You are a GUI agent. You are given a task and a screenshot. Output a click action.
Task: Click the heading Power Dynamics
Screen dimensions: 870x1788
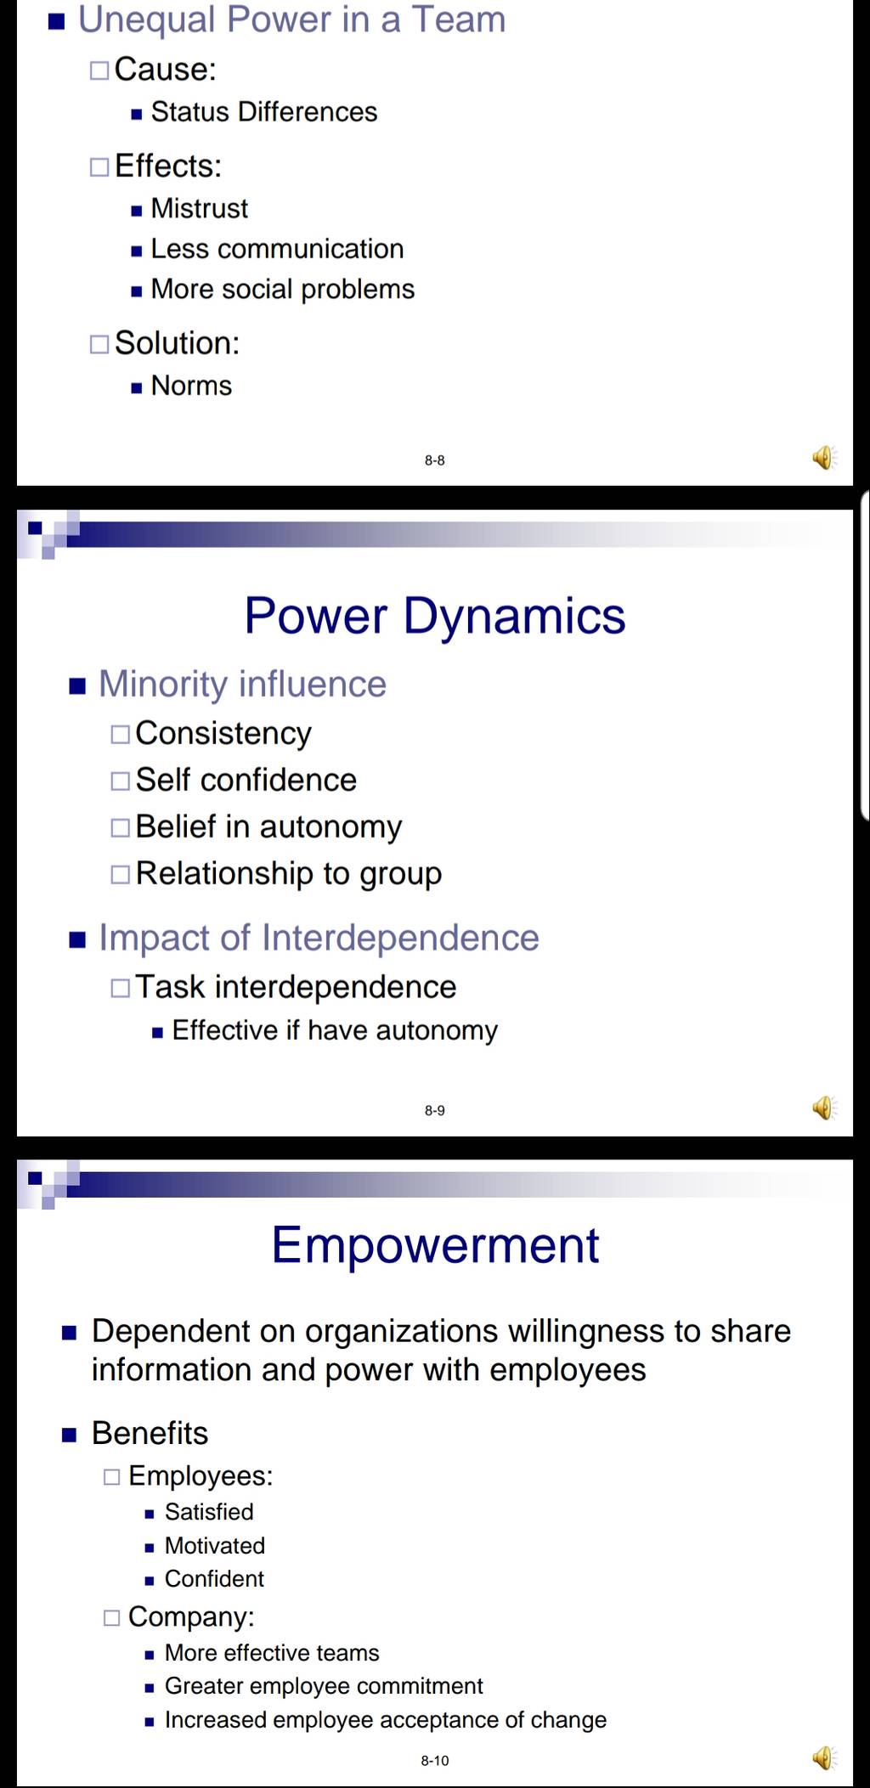point(435,615)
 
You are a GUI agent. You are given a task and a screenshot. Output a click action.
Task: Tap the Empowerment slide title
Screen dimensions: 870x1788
point(435,1245)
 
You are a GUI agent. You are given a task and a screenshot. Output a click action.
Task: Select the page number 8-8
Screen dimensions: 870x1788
point(435,460)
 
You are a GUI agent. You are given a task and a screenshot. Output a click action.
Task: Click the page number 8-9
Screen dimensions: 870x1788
point(435,1110)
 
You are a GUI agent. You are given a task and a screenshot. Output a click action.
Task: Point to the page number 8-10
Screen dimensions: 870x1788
point(435,1761)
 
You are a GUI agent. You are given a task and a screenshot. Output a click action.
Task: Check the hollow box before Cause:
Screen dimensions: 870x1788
point(99,71)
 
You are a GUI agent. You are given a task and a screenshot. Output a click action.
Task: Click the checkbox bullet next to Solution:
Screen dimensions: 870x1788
point(99,344)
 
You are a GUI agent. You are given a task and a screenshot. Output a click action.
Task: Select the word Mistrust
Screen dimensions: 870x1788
point(200,208)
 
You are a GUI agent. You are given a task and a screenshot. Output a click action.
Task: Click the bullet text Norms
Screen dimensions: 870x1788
point(191,386)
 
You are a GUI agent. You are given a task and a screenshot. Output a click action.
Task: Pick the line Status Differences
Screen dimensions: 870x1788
point(264,112)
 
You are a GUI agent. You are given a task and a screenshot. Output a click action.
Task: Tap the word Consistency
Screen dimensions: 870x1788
point(223,734)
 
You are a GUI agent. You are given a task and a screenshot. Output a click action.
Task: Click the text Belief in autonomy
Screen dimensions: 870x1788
point(268,826)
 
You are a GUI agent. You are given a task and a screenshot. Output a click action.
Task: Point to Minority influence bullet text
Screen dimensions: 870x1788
point(242,684)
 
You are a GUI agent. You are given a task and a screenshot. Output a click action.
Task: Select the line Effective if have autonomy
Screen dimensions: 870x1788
point(335,1030)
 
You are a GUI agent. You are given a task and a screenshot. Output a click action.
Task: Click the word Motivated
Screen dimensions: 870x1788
point(215,1545)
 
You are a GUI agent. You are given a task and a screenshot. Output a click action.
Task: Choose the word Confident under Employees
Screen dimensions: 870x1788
point(214,1578)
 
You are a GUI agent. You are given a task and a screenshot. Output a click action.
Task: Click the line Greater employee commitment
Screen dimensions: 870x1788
point(324,1685)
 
